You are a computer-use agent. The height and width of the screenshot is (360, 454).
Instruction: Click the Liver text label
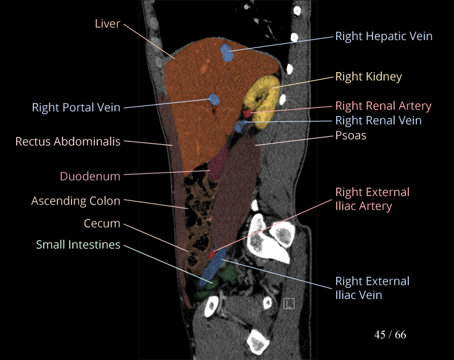tap(107, 24)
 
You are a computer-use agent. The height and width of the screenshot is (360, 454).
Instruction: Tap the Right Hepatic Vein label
tap(384, 36)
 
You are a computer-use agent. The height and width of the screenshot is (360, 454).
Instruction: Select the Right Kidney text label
tap(368, 76)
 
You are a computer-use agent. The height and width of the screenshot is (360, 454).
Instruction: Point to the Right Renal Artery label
tap(383, 106)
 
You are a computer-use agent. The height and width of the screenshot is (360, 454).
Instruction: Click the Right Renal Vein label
tap(378, 121)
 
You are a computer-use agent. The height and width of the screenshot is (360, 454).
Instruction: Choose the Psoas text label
tap(350, 135)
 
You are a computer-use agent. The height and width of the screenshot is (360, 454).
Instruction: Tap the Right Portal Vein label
tap(76, 108)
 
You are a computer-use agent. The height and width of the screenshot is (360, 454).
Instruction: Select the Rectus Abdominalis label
tap(68, 142)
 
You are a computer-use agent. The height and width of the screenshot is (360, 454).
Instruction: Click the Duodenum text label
tap(90, 176)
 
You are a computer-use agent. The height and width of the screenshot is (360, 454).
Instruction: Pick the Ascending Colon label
tap(76, 201)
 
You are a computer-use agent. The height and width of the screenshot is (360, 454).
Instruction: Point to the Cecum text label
tap(102, 223)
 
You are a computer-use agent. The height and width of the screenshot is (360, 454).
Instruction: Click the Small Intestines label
tap(78, 245)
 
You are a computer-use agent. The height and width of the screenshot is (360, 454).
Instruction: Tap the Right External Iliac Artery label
tap(372, 199)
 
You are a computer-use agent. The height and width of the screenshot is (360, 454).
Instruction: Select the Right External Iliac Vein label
tap(372, 288)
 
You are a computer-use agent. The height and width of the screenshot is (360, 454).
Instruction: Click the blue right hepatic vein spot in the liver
tap(228, 52)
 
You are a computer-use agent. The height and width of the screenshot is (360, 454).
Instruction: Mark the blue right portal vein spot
tap(214, 99)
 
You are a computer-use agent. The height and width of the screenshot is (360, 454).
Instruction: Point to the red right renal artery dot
tap(247, 113)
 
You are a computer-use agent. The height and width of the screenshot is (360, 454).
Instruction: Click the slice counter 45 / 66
tap(390, 335)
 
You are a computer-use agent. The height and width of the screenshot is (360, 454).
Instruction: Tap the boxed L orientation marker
tap(289, 303)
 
